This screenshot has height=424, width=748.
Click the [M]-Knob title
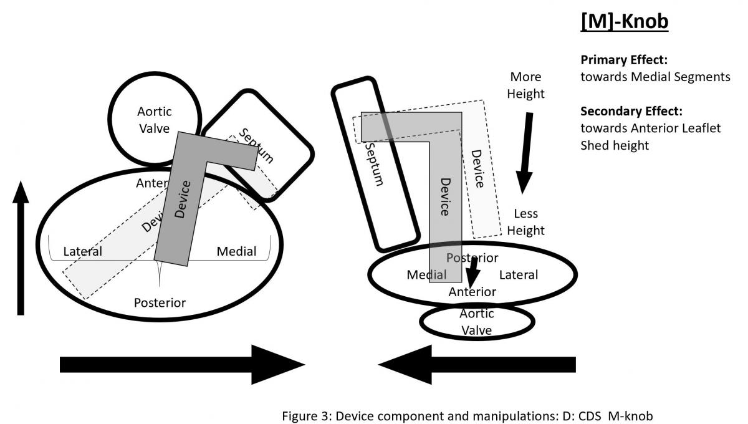coord(624,21)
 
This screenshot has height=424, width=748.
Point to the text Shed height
coord(612,145)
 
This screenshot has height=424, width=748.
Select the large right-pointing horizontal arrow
coord(181,364)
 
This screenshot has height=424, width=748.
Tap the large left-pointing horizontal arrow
coord(477,364)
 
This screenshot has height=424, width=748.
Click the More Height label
coord(525,85)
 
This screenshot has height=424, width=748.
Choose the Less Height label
coord(525,222)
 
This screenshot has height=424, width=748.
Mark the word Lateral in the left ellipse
coord(83,252)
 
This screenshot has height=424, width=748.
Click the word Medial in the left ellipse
coord(236,252)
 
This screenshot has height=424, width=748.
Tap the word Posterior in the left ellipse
coord(160,303)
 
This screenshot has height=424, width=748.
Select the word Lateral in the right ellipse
coord(518,275)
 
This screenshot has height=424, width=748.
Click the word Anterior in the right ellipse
coord(472,292)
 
